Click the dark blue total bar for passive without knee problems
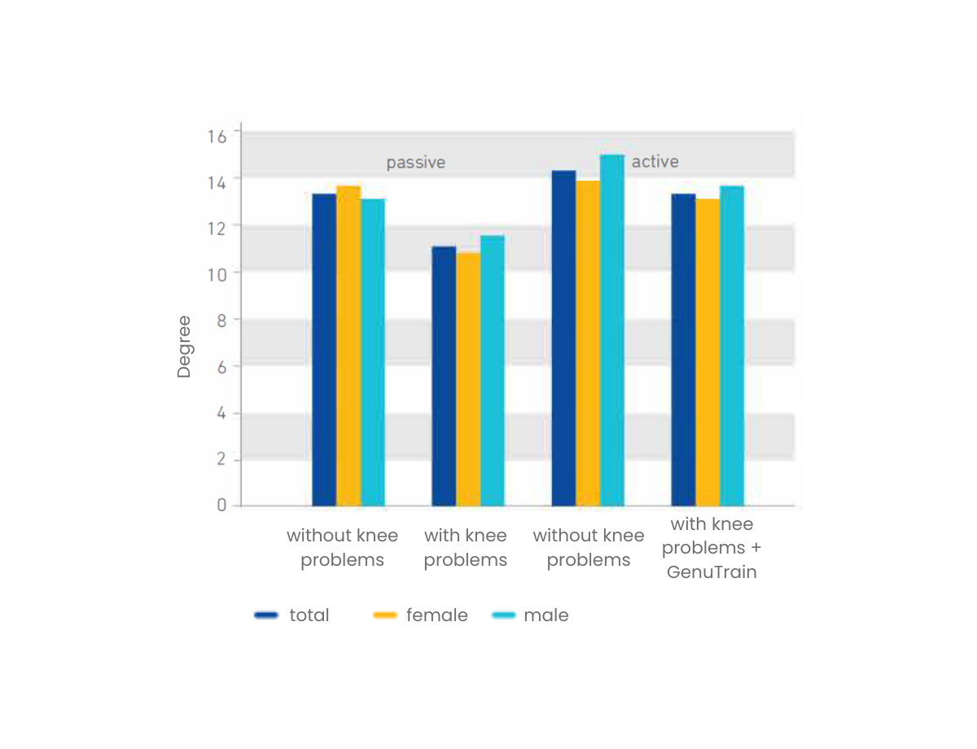pos(324,350)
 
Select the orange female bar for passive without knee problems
pos(348,346)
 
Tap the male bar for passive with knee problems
pos(492,370)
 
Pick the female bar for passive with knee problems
pos(468,379)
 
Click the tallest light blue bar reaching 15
pos(612,330)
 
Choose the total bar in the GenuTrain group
pos(683,350)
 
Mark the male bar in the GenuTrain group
pos(732,346)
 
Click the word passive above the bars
pos(415,162)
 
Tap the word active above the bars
pos(655,161)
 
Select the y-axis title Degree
pos(184,346)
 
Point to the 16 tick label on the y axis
pos(217,135)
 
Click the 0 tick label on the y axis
pos(221,506)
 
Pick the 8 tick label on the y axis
pos(221,320)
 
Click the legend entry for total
pos(309,615)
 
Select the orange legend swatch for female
pos(384,615)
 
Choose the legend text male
pos(545,615)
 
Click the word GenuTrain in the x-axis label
pos(712,572)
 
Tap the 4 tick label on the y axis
pos(221,413)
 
